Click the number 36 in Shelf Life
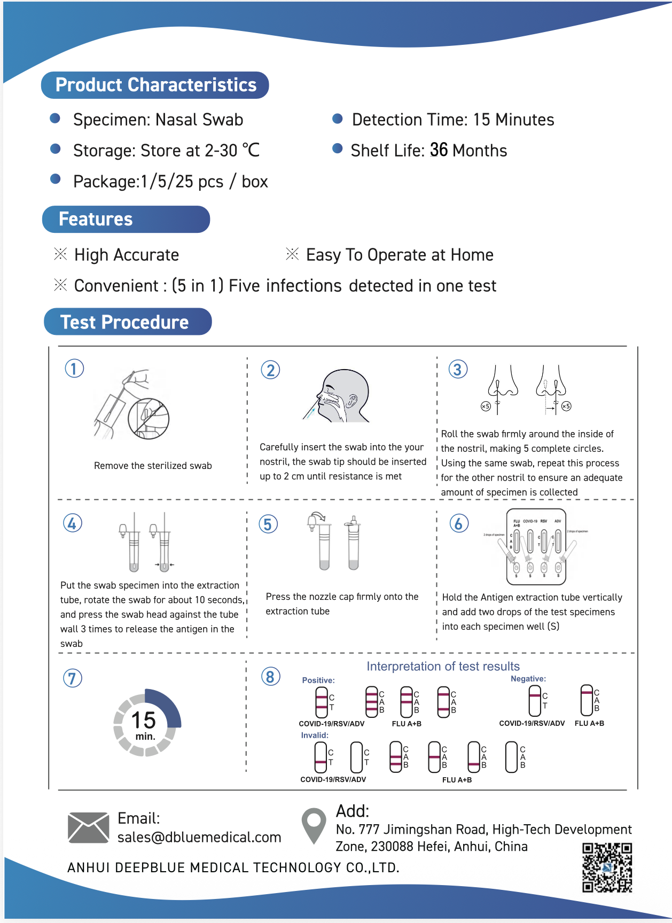(x=439, y=150)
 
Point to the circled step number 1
(x=74, y=369)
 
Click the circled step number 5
(x=268, y=524)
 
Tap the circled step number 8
(x=270, y=677)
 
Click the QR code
(x=607, y=867)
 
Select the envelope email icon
(x=89, y=827)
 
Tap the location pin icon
(x=314, y=825)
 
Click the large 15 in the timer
(x=144, y=720)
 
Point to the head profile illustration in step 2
(x=342, y=395)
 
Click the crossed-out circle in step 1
(x=149, y=418)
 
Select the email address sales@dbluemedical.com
(x=199, y=837)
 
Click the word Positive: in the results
(x=318, y=680)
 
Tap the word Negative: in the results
(x=528, y=679)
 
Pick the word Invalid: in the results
(x=315, y=736)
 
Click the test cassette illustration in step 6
(x=536, y=546)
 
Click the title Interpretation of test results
(x=443, y=667)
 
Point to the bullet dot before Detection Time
(x=337, y=119)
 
